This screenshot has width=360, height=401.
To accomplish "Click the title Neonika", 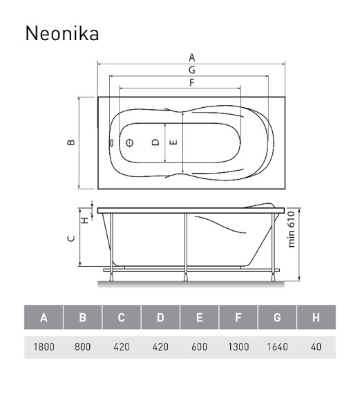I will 61,33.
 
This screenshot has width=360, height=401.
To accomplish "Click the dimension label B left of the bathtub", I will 70,142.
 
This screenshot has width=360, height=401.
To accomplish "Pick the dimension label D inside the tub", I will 156,142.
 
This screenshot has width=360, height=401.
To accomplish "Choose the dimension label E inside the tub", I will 174,142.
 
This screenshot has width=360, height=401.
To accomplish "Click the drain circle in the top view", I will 129,142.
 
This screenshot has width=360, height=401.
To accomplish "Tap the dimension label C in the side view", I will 70,239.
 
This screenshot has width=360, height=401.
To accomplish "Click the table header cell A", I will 44,318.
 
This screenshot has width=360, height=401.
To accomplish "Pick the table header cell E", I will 199,318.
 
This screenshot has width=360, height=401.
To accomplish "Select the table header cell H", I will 316,318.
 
